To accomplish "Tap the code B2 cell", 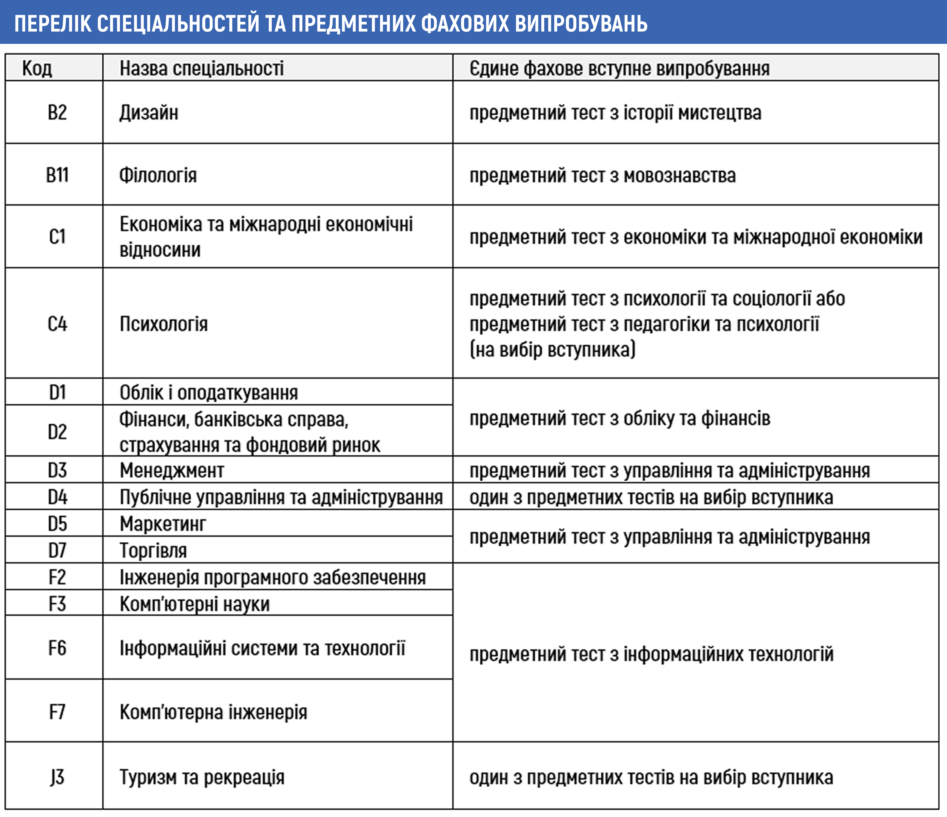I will click(x=57, y=112).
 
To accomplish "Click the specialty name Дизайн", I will click(x=148, y=112).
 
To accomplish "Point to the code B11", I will click(x=57, y=175).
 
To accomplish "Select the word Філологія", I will click(x=158, y=175).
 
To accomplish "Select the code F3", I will click(x=57, y=604).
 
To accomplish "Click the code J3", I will click(x=57, y=777).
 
